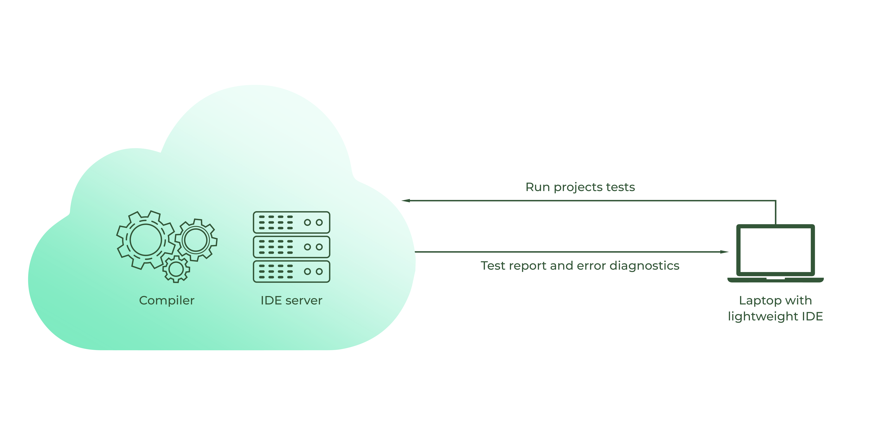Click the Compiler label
click(167, 300)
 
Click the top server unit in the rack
click(291, 222)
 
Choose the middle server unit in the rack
click(291, 247)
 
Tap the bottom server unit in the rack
click(291, 271)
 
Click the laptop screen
click(775, 250)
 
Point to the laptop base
click(775, 280)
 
